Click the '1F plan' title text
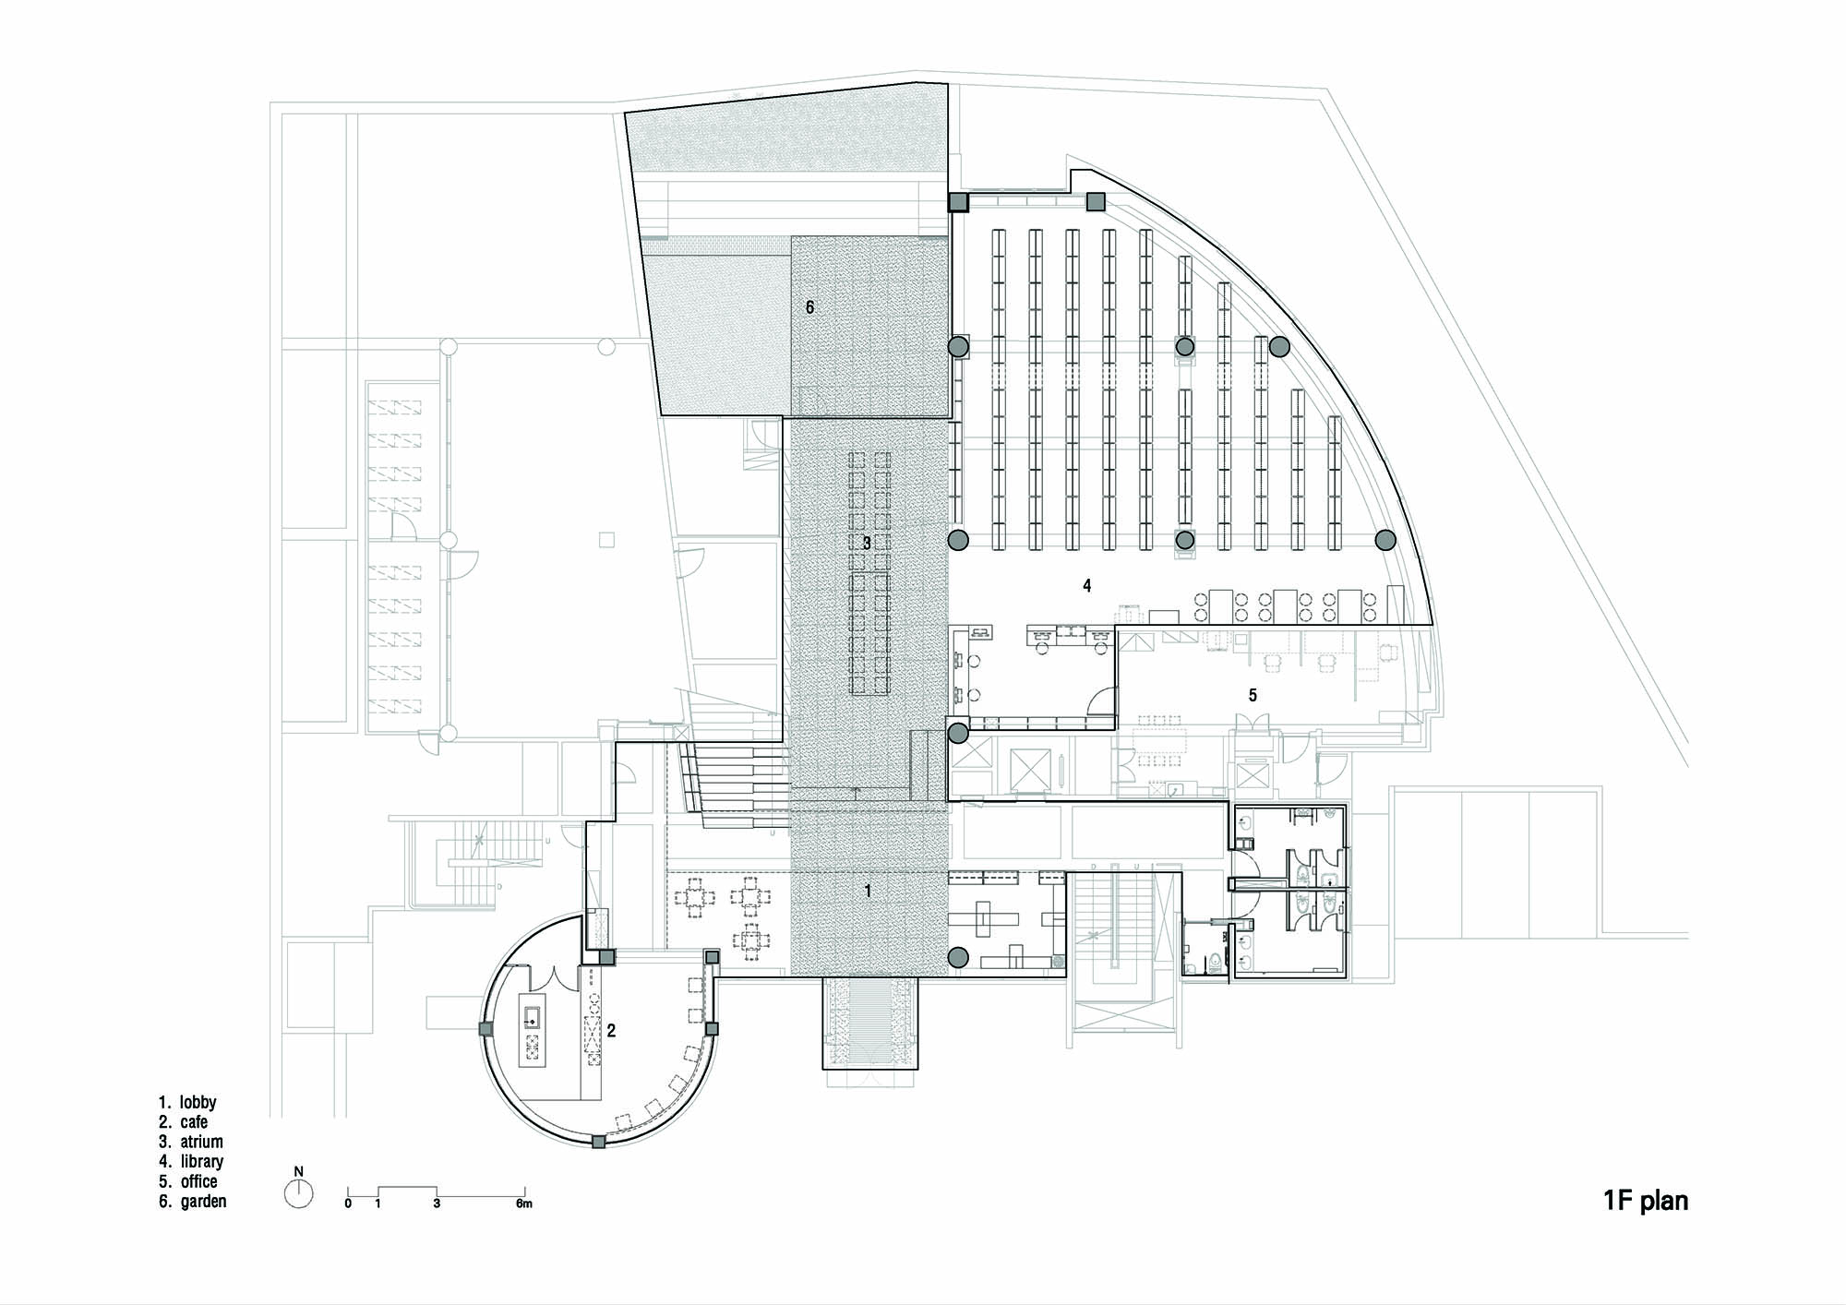[x=1646, y=1201]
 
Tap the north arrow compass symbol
[x=298, y=1193]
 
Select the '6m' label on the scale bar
[x=523, y=1203]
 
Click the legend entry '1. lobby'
[x=187, y=1102]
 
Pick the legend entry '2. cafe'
[x=183, y=1122]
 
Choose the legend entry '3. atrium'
[x=191, y=1142]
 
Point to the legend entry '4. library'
[x=191, y=1162]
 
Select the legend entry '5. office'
[x=189, y=1181]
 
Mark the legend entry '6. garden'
[x=192, y=1202]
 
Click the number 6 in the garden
[x=810, y=307]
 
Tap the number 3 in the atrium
[x=867, y=544]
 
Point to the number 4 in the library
[x=1087, y=585]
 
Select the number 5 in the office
[x=1253, y=695]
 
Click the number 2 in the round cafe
[x=611, y=1031]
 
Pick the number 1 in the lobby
[x=868, y=891]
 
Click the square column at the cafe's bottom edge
[x=599, y=1142]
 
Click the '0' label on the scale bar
[x=348, y=1203]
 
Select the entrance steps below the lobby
[x=869, y=1022]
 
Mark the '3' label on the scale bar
[x=437, y=1203]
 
